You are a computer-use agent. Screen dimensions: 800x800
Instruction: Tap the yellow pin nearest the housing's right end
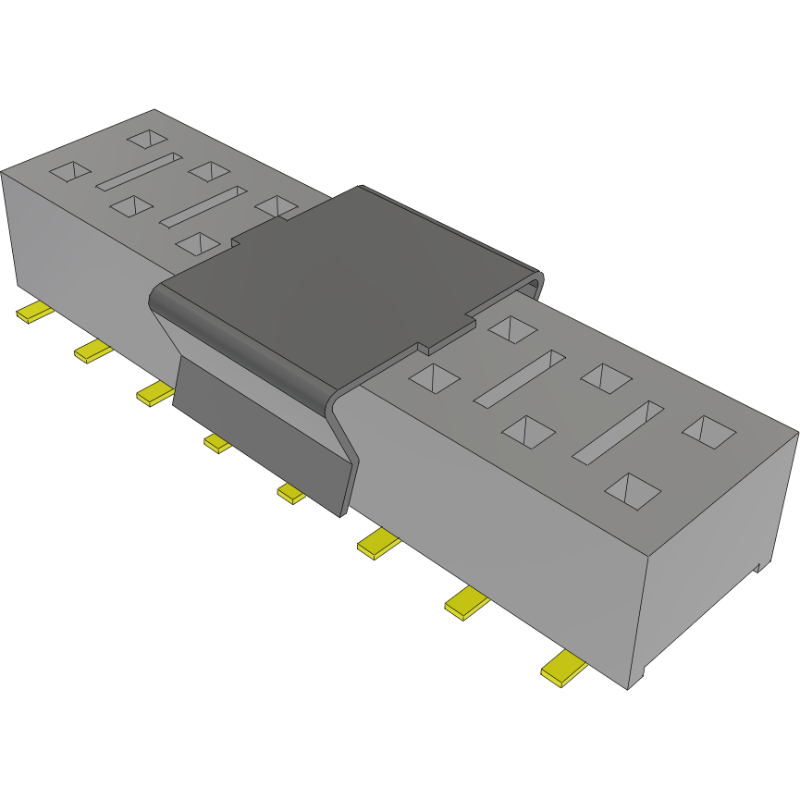(x=563, y=669)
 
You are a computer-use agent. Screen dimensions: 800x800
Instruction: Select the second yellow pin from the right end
(x=467, y=604)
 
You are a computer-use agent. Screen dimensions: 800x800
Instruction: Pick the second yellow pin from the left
(x=93, y=351)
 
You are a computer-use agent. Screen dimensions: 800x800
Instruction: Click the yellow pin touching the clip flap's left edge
(x=154, y=394)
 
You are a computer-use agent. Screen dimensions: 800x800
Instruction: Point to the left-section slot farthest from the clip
(x=140, y=172)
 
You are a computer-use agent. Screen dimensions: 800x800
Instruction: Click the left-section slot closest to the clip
(x=203, y=206)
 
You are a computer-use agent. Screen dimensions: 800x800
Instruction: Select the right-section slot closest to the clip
(x=519, y=377)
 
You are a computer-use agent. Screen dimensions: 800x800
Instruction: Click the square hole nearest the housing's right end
(x=709, y=431)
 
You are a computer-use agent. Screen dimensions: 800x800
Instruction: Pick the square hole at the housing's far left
(x=69, y=171)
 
